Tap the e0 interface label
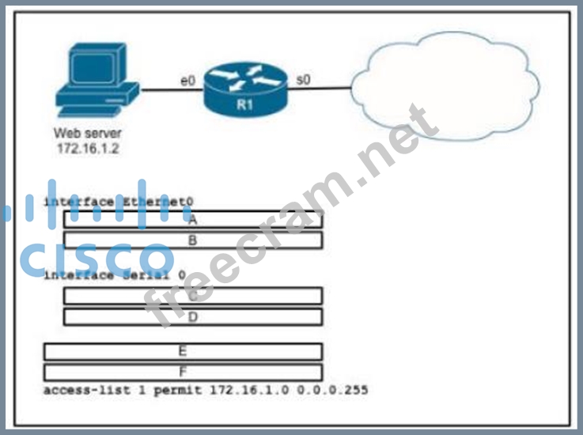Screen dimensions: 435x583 click(x=187, y=80)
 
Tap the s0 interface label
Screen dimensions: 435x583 click(x=303, y=79)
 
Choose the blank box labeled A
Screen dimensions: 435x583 click(x=192, y=220)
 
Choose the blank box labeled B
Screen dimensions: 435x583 click(x=192, y=240)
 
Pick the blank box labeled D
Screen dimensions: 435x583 click(x=192, y=316)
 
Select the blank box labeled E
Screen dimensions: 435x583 click(x=183, y=351)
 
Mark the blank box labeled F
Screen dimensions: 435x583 click(x=183, y=372)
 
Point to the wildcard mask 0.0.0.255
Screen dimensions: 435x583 click(x=337, y=390)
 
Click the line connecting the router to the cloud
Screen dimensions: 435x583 click(x=320, y=89)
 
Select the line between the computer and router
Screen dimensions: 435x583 click(x=170, y=89)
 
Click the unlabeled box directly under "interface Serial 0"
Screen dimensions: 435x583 click(x=192, y=296)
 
